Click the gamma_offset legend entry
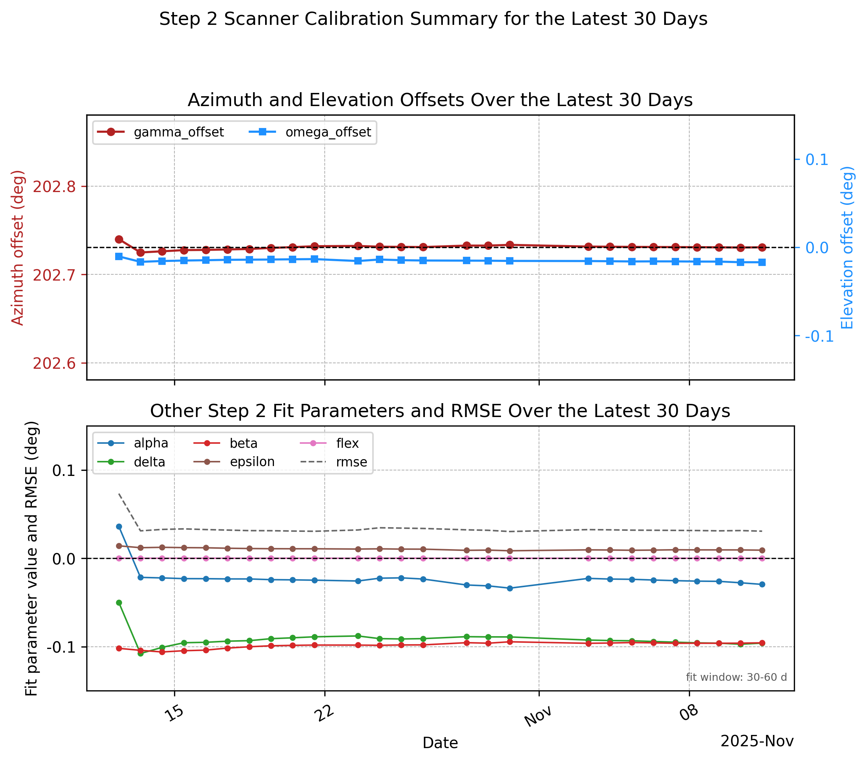[x=160, y=132]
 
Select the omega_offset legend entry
[x=310, y=132]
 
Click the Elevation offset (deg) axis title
[x=847, y=247]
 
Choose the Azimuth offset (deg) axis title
[x=18, y=248]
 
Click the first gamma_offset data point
[x=119, y=239]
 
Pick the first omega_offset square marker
[x=119, y=256]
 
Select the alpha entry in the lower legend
[x=133, y=443]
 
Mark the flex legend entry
[x=329, y=443]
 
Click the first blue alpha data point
[x=119, y=526]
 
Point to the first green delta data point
[x=119, y=603]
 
